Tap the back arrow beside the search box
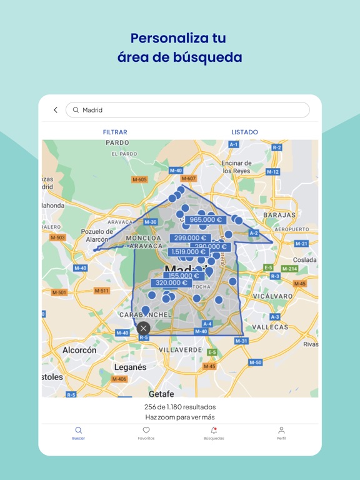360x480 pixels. pyautogui.click(x=56, y=110)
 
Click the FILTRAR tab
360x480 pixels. pyautogui.click(x=115, y=132)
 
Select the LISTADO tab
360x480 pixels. pyautogui.click(x=244, y=132)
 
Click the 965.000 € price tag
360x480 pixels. pyautogui.click(x=206, y=220)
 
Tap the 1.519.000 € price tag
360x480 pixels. pyautogui.click(x=187, y=252)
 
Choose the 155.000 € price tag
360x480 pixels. pyautogui.click(x=183, y=276)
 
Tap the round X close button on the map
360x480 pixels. pyautogui.click(x=144, y=328)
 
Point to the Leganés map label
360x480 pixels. pyautogui.click(x=130, y=367)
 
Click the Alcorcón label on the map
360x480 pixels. pyautogui.click(x=79, y=351)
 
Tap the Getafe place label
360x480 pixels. pyautogui.click(x=161, y=394)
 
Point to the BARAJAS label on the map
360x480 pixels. pyautogui.click(x=279, y=215)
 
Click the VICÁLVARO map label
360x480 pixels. pyautogui.click(x=272, y=296)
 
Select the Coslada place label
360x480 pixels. pyautogui.click(x=304, y=260)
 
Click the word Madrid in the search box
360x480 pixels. pyautogui.click(x=92, y=110)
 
